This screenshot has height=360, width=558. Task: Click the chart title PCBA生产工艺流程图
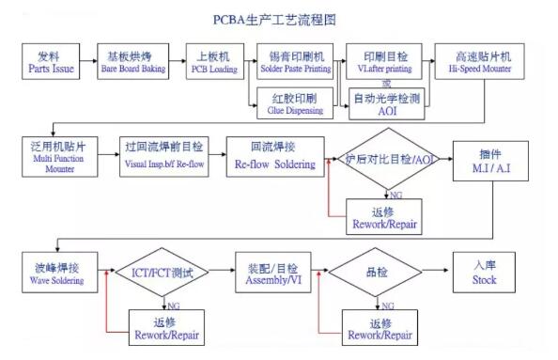[x=278, y=18]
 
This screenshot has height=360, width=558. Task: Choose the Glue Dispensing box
[x=295, y=103]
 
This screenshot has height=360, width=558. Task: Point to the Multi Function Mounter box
[x=57, y=156]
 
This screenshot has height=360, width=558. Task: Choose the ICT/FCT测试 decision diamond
[x=162, y=274]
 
